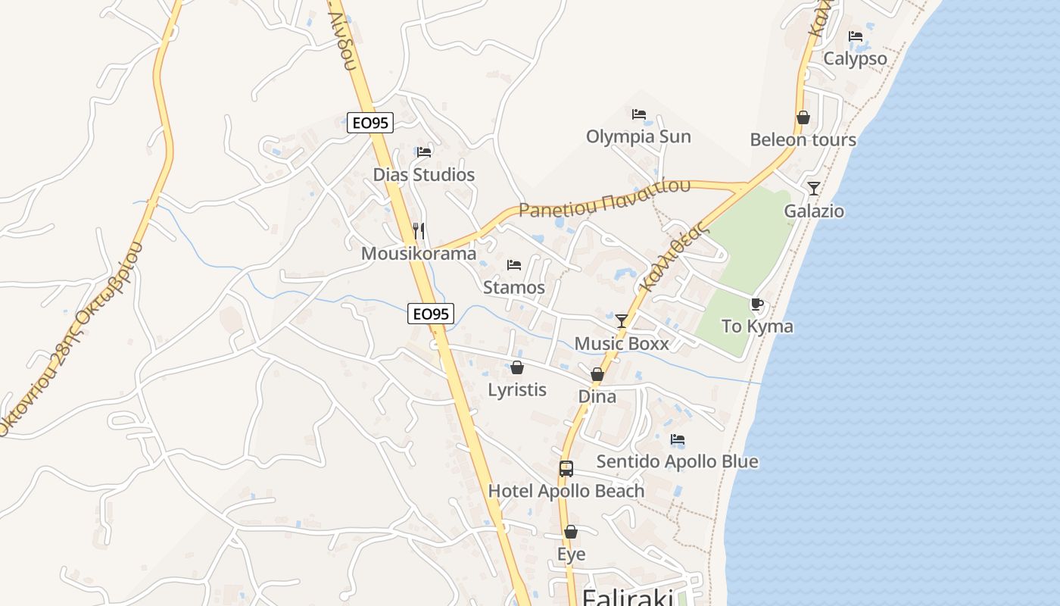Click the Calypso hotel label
point(855,59)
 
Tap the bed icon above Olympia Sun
point(639,114)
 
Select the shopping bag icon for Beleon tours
point(803,117)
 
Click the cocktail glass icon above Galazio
point(814,188)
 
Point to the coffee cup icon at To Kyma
point(756,304)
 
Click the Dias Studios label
point(423,175)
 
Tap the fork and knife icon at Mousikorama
point(418,230)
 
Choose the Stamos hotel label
point(514,288)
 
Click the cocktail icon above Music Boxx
point(622,320)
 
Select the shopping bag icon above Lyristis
point(517,367)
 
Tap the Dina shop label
point(597,397)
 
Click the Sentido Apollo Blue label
point(677,461)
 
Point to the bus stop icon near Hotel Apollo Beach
point(566,468)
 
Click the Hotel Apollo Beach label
point(566,491)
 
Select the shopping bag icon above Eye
point(571,532)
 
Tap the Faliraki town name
point(628,597)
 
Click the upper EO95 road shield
point(370,123)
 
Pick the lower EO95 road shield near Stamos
point(431,314)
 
